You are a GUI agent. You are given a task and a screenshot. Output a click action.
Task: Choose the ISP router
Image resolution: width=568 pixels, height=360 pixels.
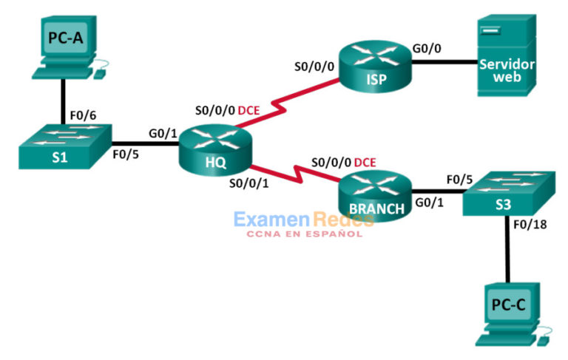(376, 66)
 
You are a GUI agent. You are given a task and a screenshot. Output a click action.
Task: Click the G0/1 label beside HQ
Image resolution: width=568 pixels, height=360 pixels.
(163, 134)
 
